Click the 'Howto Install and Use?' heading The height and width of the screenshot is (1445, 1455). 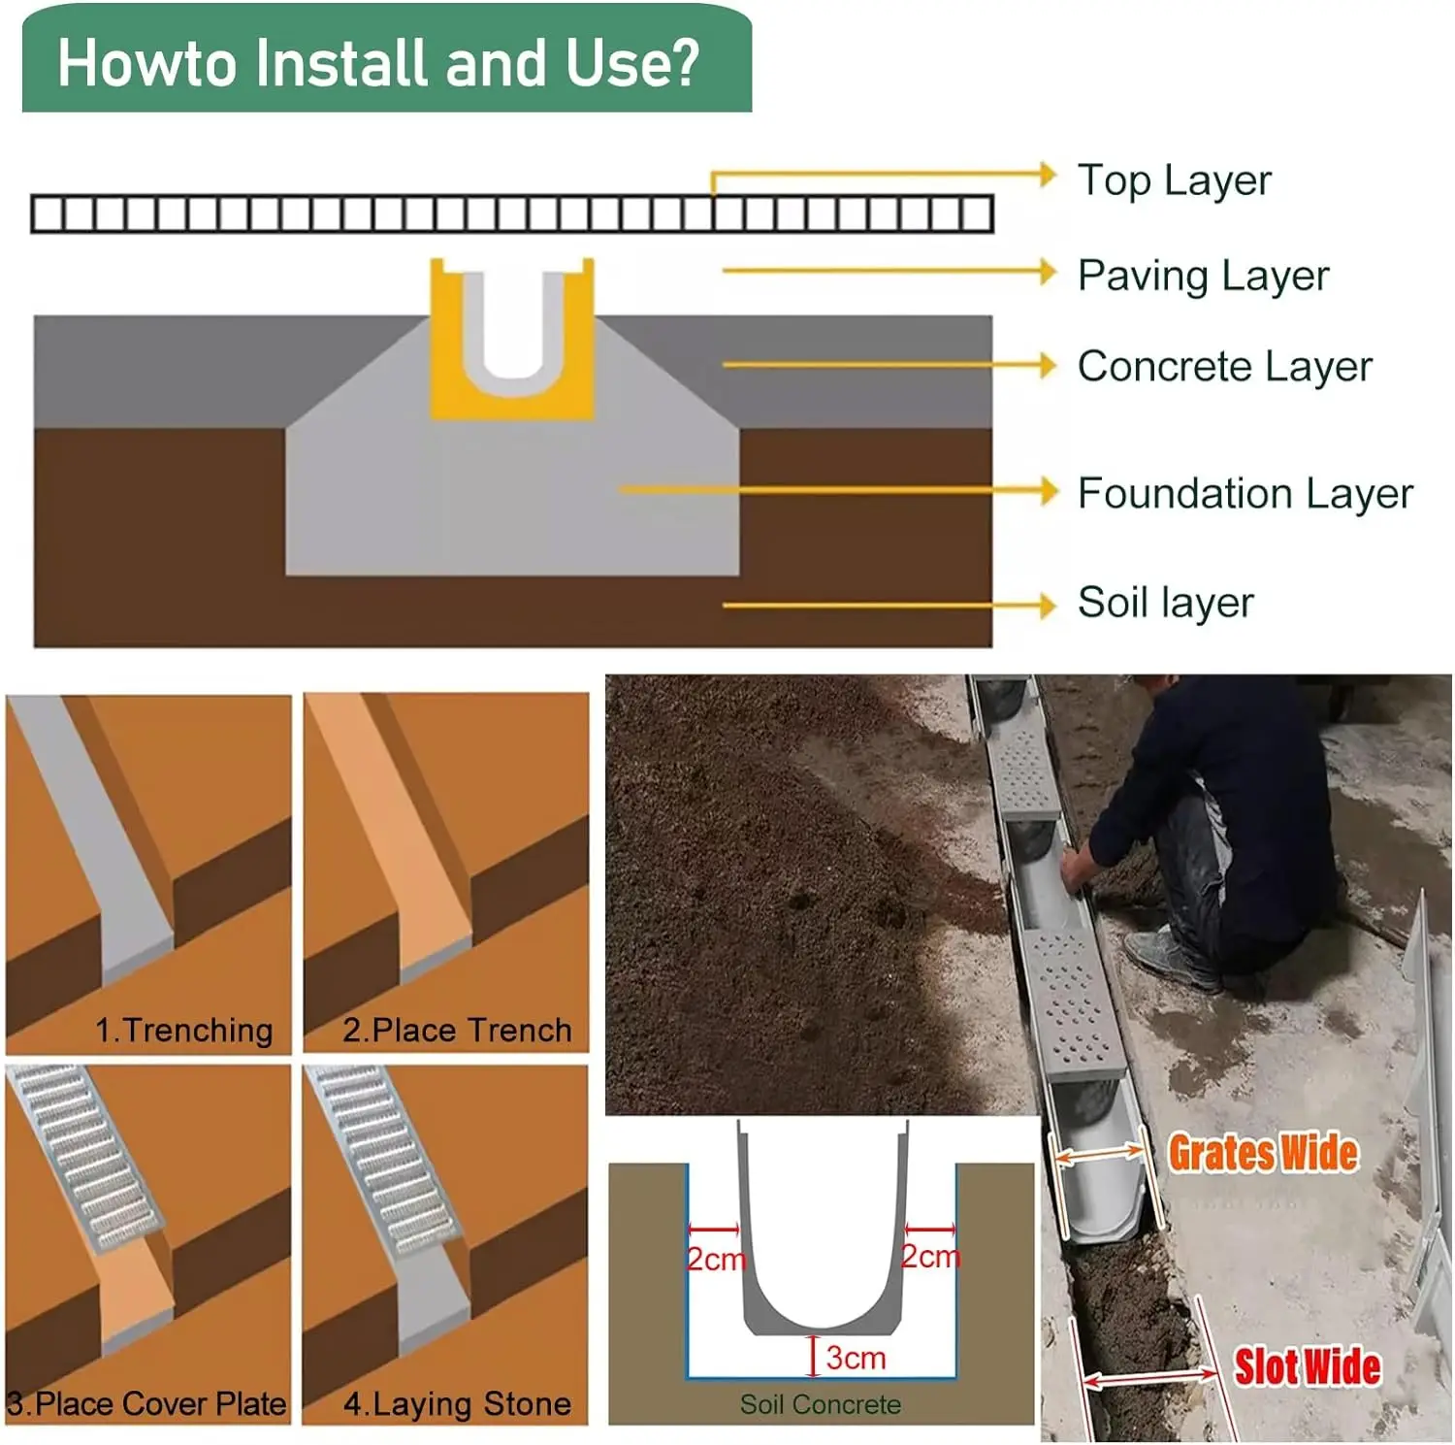(378, 63)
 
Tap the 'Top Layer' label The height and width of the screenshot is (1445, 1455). (1174, 181)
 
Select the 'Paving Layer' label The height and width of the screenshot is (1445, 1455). (1203, 276)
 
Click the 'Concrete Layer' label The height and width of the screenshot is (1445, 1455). (1224, 367)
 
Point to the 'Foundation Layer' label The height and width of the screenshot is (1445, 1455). (1245, 493)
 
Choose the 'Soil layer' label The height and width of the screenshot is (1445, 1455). (1165, 603)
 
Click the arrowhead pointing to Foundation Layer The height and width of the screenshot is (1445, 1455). (1048, 491)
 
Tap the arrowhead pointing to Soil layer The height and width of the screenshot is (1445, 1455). (1047, 605)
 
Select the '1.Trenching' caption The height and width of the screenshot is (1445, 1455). (183, 1030)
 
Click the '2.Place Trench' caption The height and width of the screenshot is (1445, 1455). (457, 1030)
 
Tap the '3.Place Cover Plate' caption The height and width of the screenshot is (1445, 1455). (146, 1403)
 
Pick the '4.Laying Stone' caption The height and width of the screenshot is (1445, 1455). (457, 1403)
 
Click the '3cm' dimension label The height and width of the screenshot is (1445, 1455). (856, 1358)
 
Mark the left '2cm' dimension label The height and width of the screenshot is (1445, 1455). (716, 1259)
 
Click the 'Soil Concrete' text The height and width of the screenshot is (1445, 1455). (820, 1404)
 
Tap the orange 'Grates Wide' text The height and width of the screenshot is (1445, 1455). (1262, 1153)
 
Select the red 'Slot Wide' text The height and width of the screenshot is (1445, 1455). (1306, 1366)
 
